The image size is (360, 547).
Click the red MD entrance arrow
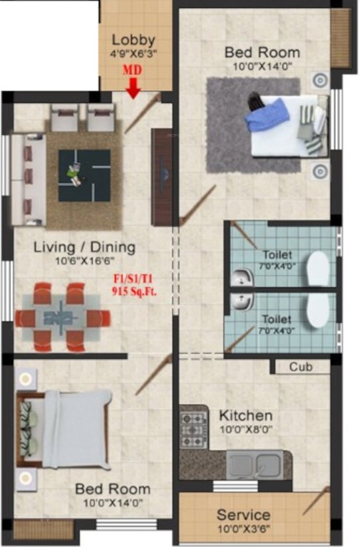133,86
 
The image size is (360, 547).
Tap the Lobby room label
133,40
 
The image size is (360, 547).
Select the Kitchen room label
245,415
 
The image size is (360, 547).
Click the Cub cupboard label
299,367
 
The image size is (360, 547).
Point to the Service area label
243,514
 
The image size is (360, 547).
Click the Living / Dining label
84,247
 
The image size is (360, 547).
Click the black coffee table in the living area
84,174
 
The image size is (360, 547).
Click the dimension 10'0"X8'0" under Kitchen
245,429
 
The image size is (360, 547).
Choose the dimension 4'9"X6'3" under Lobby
133,53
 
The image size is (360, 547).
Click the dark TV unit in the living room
163,176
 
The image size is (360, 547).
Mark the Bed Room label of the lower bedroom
113,489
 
